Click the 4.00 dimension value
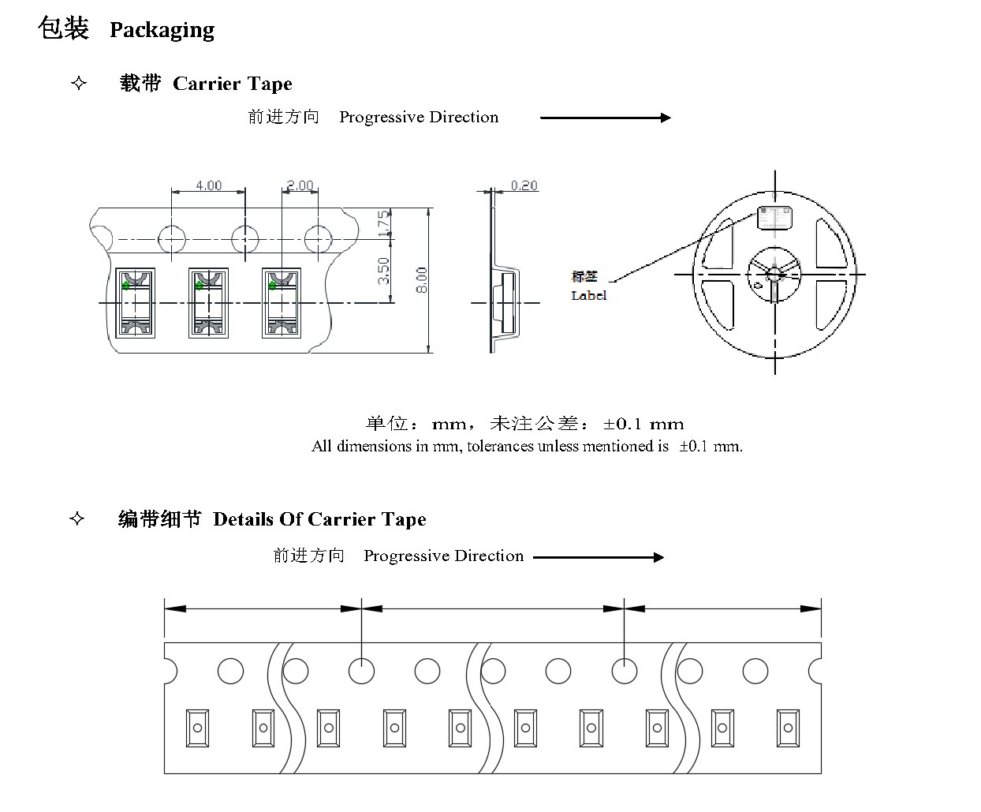209,185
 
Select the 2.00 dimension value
300,185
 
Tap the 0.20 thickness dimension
524,185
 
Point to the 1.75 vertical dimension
384,223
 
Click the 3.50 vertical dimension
384,271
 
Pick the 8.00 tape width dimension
421,280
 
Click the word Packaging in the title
162,31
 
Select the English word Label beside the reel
589,295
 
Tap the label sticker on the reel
774,218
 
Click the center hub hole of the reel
774,274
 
